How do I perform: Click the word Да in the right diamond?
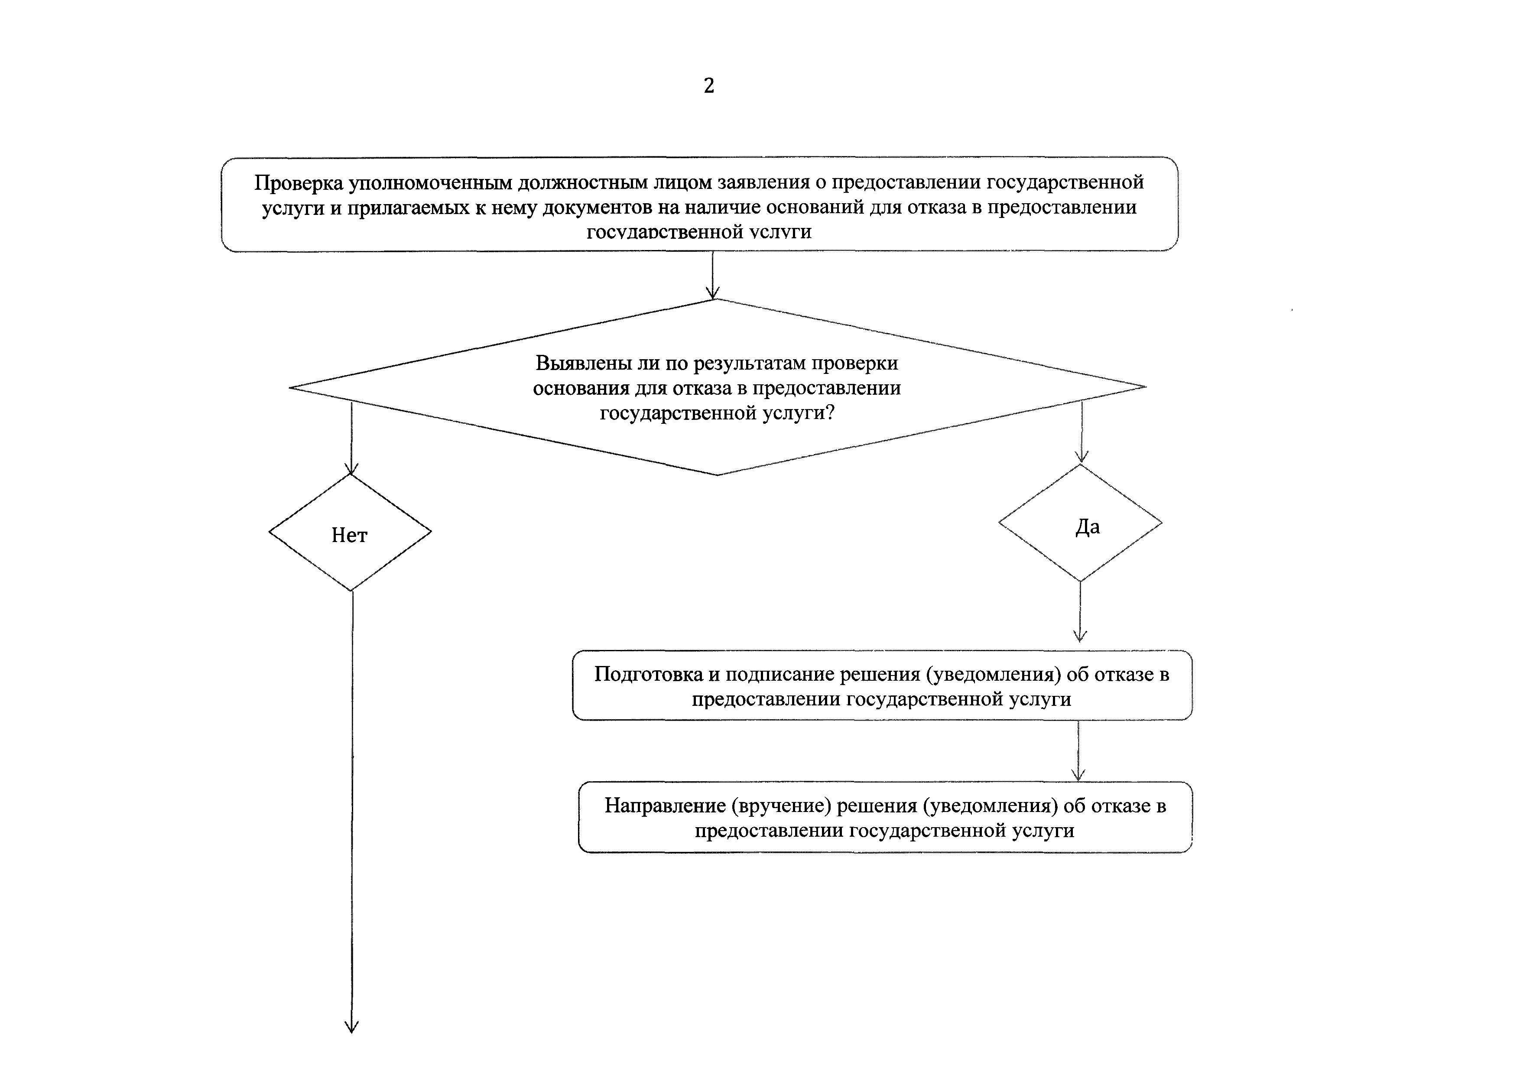pyautogui.click(x=1087, y=527)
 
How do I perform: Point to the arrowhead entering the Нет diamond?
pyautogui.click(x=351, y=469)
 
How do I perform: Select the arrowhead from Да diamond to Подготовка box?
pyautogui.click(x=1080, y=636)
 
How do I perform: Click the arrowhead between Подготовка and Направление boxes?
pyautogui.click(x=1078, y=774)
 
